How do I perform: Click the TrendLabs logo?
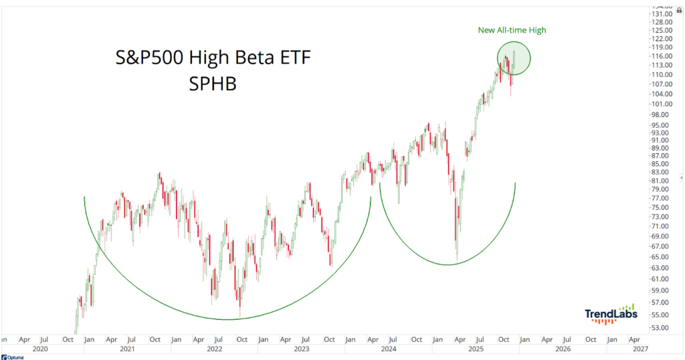point(611,314)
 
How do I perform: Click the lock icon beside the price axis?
point(680,9)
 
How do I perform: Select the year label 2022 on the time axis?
point(214,349)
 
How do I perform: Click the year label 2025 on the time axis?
point(476,349)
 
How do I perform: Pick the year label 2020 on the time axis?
point(40,349)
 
